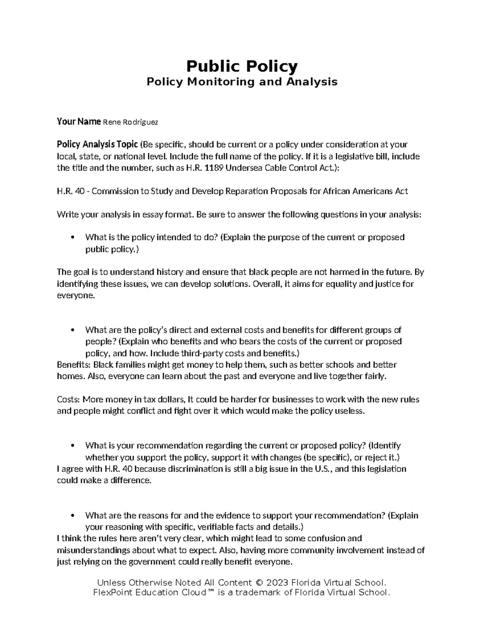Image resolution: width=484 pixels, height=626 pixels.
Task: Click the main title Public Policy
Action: (242, 66)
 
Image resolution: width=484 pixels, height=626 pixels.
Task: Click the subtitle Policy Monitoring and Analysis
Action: (242, 82)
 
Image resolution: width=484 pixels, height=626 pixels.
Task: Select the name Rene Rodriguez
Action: (131, 123)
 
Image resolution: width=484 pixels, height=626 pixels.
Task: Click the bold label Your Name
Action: (79, 122)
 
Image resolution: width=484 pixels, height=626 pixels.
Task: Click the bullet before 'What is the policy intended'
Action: (73, 238)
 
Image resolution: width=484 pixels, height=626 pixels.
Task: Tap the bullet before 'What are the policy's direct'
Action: (73, 331)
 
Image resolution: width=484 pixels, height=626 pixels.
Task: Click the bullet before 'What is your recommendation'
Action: (73, 446)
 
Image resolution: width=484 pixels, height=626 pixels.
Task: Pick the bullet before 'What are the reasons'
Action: (73, 516)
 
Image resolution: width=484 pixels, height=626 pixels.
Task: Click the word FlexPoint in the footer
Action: (111, 593)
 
